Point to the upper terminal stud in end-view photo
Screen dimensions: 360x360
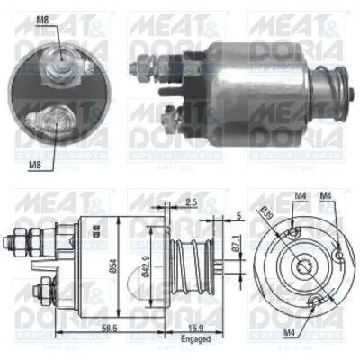(60, 56)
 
